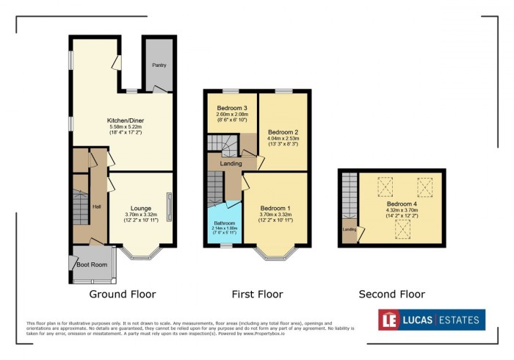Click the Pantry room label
pos(159,65)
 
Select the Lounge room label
pos(141,208)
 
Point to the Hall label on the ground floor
pos(96,206)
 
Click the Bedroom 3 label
pos(231,108)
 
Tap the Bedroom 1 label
pos(275,209)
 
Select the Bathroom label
pos(225,223)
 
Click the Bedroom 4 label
pos(402,204)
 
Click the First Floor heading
pos(257,295)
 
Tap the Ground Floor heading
pos(122,295)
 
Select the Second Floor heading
pos(391,295)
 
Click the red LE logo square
pos(388,320)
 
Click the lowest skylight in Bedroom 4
pos(402,232)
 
